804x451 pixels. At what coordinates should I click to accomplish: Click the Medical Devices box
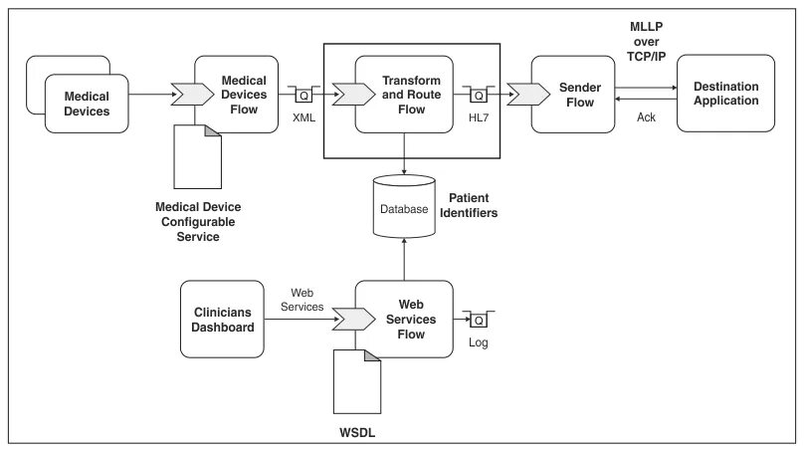86,104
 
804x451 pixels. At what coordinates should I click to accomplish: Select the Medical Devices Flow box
243,96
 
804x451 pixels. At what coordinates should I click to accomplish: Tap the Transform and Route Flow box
404,96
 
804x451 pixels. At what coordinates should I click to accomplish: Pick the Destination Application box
724,94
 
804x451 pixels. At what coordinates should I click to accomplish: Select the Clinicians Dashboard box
223,319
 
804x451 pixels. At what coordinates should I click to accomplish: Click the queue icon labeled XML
303,97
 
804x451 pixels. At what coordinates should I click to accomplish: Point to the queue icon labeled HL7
480,97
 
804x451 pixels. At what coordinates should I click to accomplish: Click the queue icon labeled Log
479,320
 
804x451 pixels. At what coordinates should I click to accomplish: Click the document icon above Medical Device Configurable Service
198,155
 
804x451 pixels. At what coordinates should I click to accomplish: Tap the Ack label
645,118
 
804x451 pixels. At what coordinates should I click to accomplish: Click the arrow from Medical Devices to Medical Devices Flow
149,96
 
